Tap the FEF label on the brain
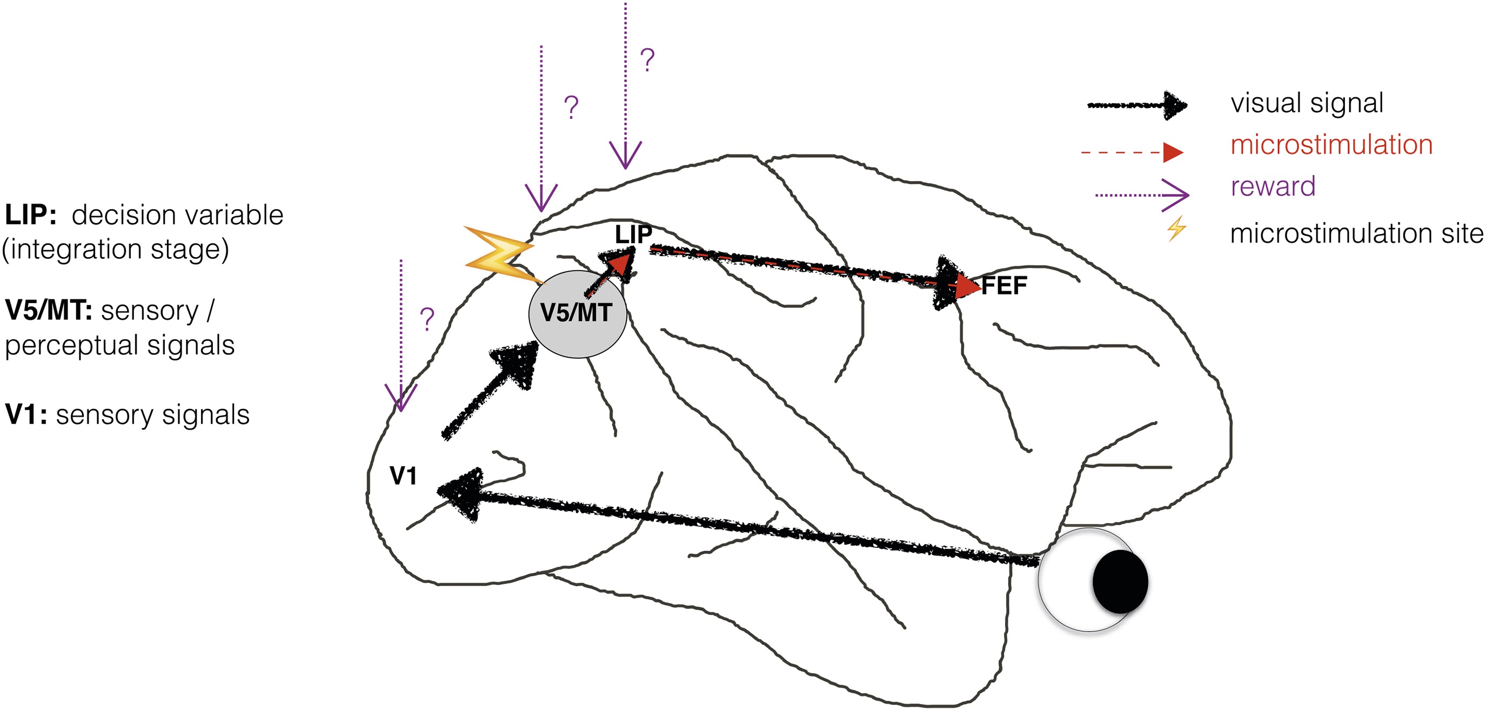tap(1005, 285)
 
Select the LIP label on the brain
tap(633, 234)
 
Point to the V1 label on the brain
tap(403, 477)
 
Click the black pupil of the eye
tap(1120, 581)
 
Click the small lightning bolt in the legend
tap(1176, 229)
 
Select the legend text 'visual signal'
tap(1307, 103)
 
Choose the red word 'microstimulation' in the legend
tap(1331, 145)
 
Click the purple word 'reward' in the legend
tap(1273, 186)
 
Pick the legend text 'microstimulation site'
tap(1356, 233)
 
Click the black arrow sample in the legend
tap(1136, 105)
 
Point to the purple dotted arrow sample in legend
tap(1142, 195)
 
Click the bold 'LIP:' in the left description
tap(31, 215)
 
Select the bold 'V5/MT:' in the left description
tap(49, 311)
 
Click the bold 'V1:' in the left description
tap(26, 414)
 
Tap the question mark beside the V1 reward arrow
tap(427, 319)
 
